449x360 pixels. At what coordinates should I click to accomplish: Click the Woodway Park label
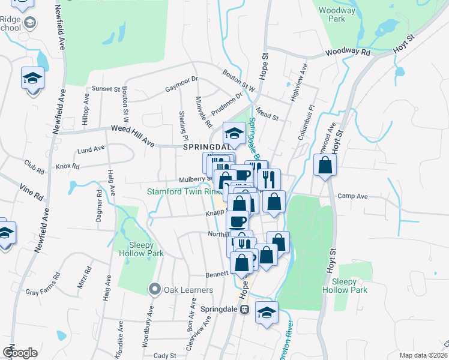333,14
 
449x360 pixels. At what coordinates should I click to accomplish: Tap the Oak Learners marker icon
155,290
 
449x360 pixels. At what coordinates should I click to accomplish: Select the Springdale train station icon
244,310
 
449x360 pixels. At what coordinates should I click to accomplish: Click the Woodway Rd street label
349,53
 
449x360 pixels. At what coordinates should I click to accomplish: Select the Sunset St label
106,89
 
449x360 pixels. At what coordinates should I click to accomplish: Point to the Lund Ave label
91,148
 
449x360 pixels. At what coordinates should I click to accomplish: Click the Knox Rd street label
67,166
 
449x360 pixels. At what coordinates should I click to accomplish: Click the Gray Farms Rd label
43,285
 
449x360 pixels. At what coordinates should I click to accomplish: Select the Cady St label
164,355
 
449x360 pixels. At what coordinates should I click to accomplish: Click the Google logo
20,353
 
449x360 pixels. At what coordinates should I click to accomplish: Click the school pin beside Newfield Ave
32,79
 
